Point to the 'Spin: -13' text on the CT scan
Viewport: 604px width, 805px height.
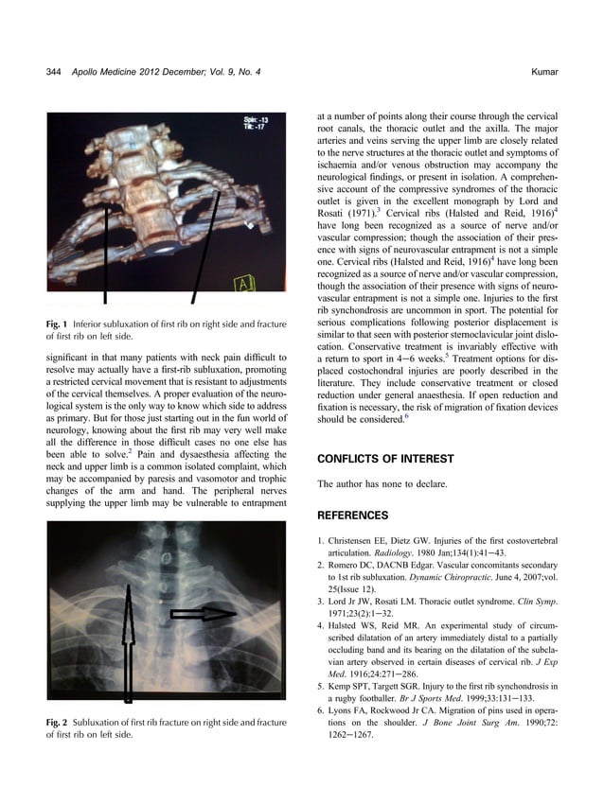tap(255, 120)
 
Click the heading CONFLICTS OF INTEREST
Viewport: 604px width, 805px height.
tap(385, 459)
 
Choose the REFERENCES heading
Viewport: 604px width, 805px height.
tap(352, 516)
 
